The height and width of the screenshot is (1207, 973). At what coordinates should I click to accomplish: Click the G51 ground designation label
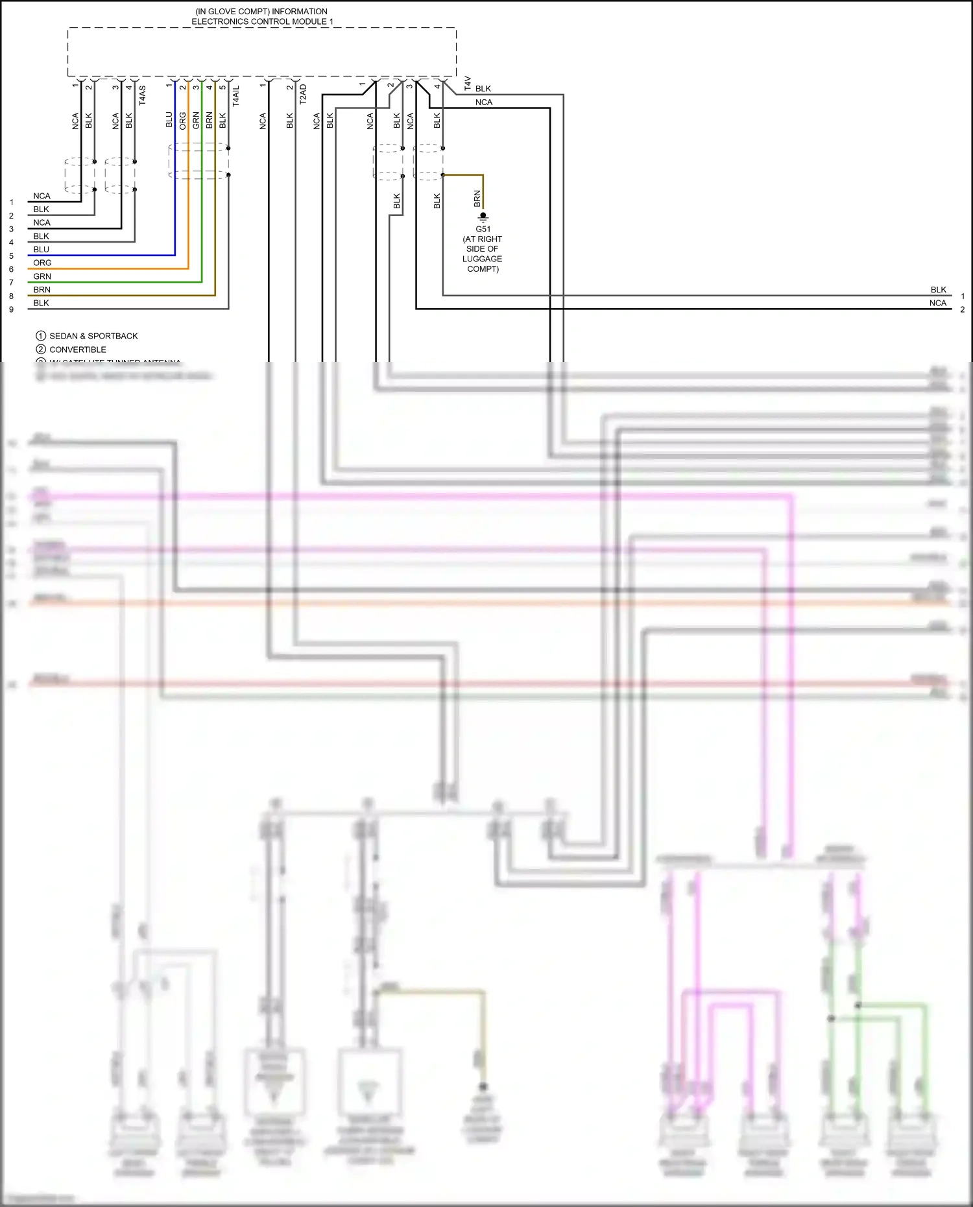[x=483, y=229]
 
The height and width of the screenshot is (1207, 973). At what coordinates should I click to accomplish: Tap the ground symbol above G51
[x=483, y=217]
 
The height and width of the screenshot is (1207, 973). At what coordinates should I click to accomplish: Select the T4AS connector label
[x=142, y=95]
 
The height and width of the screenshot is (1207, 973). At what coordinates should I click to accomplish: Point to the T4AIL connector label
[x=236, y=95]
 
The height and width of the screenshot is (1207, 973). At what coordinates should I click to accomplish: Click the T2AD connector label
[x=303, y=94]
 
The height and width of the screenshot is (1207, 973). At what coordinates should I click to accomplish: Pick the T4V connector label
[x=468, y=83]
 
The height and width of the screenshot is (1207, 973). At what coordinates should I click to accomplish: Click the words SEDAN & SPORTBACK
[x=93, y=336]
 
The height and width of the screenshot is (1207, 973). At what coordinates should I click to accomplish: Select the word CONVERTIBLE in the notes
[x=78, y=350]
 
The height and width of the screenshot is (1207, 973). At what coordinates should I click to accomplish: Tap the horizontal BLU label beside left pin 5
[x=41, y=250]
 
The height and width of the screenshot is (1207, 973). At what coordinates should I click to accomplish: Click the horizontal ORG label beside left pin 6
[x=42, y=263]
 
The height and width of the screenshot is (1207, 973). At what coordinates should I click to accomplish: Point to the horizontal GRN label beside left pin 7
[x=42, y=276]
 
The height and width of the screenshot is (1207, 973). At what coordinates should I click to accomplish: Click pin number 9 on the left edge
[x=11, y=309]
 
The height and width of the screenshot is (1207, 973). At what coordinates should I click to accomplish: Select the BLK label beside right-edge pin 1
[x=938, y=290]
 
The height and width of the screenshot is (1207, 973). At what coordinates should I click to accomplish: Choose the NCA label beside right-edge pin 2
[x=938, y=303]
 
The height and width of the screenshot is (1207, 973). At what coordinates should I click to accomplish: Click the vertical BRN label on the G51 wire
[x=477, y=198]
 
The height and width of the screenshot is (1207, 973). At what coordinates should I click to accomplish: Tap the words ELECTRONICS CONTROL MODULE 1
[x=262, y=21]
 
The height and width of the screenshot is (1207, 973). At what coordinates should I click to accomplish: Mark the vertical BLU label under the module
[x=169, y=120]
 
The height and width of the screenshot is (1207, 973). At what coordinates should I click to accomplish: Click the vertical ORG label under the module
[x=183, y=120]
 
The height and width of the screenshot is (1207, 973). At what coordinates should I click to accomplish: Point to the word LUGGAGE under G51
[x=482, y=259]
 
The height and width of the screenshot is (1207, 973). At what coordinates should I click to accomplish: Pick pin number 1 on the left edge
[x=11, y=202]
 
